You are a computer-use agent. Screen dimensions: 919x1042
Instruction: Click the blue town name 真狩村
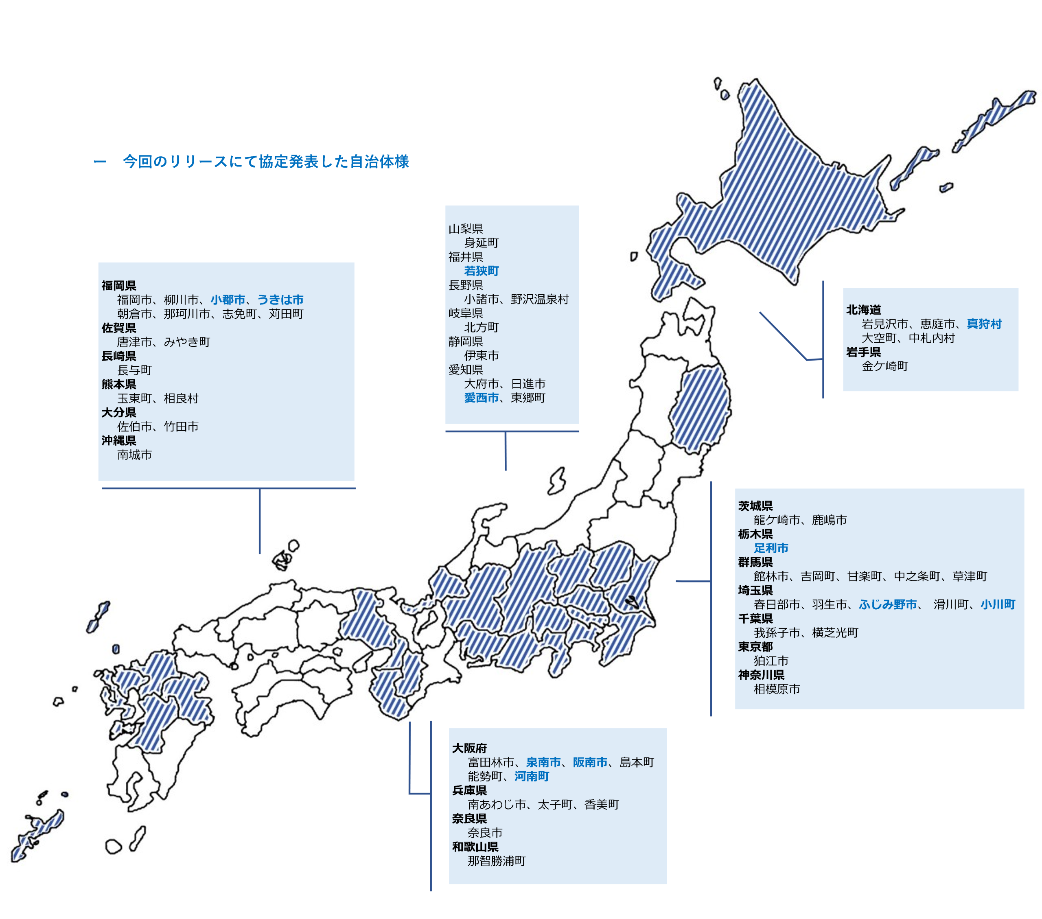pos(983,324)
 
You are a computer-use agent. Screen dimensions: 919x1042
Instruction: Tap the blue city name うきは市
pos(280,300)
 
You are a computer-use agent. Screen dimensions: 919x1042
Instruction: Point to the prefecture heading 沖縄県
pos(119,440)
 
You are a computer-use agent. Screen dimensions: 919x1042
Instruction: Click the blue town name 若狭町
pos(481,271)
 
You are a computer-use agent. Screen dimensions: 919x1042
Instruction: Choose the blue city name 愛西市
pos(481,398)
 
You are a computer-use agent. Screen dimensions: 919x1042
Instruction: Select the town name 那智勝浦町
pos(496,861)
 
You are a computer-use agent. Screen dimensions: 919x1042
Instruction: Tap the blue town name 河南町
pos(531,776)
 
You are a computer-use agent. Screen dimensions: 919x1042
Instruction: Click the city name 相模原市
pos(776,689)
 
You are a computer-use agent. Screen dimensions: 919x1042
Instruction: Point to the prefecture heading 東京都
pos(755,647)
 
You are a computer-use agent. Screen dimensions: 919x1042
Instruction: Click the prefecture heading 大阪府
pos(469,748)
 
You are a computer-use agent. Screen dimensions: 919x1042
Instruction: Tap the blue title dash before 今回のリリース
pos(100,162)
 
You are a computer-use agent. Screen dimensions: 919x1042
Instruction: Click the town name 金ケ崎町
pos(884,366)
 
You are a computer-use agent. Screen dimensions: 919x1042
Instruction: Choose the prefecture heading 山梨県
pos(465,229)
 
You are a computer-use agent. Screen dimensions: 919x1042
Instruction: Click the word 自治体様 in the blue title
pos(379,162)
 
